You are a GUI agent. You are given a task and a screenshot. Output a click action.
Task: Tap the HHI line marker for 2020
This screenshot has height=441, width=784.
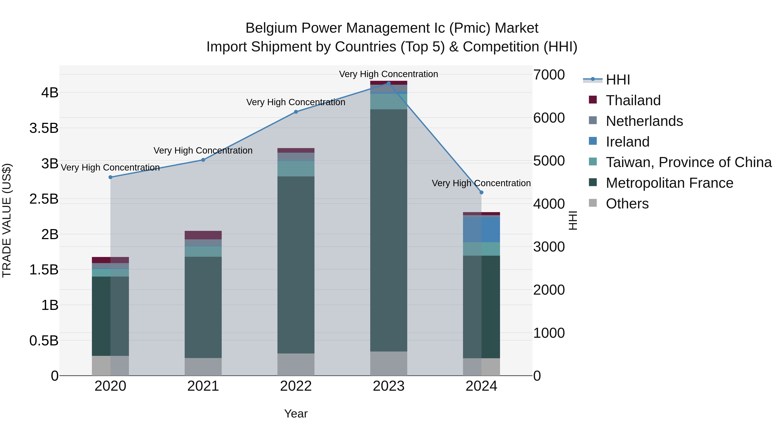[110, 177]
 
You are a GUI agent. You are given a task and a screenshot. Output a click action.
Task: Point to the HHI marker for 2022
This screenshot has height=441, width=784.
[296, 112]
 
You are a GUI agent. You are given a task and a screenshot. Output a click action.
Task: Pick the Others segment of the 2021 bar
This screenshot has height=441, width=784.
[203, 367]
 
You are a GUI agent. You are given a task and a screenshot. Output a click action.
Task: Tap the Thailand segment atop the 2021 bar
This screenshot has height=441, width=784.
[203, 235]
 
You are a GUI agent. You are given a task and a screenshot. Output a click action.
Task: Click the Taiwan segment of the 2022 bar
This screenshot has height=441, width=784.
[296, 168]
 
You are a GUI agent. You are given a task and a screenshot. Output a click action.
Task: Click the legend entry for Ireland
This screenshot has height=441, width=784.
[628, 142]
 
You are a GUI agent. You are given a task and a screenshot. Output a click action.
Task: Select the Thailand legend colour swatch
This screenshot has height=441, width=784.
[593, 100]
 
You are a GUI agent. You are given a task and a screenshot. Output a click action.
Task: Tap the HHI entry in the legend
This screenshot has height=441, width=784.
[618, 80]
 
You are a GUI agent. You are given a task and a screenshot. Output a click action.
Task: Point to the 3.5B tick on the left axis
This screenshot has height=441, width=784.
[44, 128]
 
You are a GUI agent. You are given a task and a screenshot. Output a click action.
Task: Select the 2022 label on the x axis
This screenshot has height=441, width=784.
[296, 386]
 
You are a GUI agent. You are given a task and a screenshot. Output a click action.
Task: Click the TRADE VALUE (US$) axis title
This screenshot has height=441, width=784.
[7, 220]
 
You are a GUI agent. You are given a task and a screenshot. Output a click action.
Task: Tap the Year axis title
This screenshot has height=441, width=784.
[296, 414]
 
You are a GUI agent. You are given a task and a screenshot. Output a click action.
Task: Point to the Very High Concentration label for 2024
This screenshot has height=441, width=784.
[481, 183]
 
